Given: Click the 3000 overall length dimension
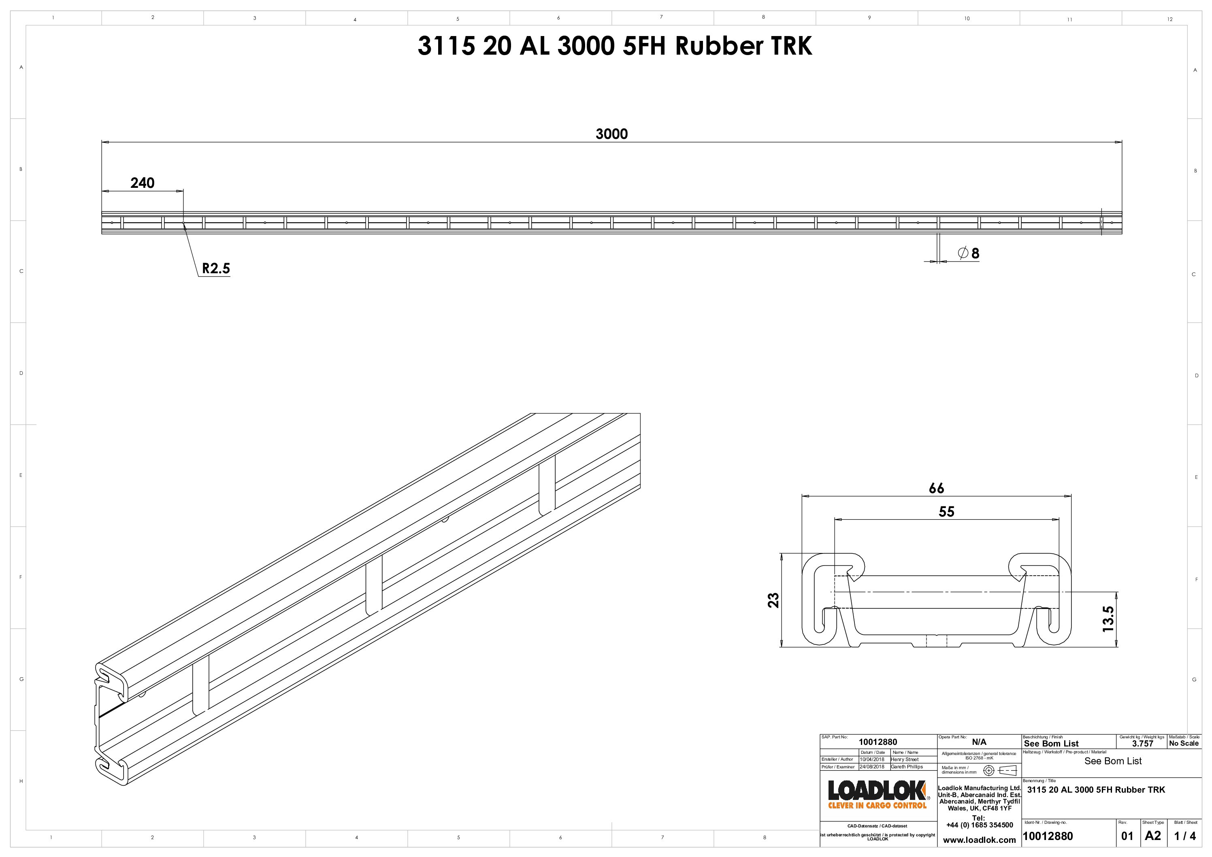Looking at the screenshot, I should [611, 134].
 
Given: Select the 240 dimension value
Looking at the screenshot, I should [142, 183].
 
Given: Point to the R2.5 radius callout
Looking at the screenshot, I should [216, 269].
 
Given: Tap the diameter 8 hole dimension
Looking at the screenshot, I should [969, 253].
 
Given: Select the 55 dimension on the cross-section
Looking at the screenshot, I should [946, 511].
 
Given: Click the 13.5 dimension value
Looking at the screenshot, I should [1108, 619].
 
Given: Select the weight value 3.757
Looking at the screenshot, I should [1142, 744].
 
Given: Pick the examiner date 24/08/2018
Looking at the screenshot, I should [872, 767].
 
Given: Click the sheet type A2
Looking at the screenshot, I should [1153, 836].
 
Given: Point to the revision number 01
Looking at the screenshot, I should [1127, 836].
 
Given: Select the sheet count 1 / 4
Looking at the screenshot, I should [1185, 836].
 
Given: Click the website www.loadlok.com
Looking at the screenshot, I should [979, 840].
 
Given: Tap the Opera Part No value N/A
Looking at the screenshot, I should [979, 742].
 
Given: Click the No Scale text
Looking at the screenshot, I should [1184, 744].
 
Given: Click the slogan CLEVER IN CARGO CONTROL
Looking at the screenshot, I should [878, 806].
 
